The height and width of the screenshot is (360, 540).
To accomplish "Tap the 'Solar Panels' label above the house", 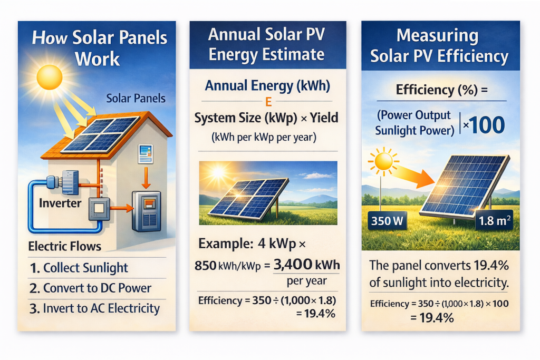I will (136, 99).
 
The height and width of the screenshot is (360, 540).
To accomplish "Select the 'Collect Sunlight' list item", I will (85, 268).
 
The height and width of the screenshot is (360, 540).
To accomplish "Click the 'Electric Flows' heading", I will (64, 246).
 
